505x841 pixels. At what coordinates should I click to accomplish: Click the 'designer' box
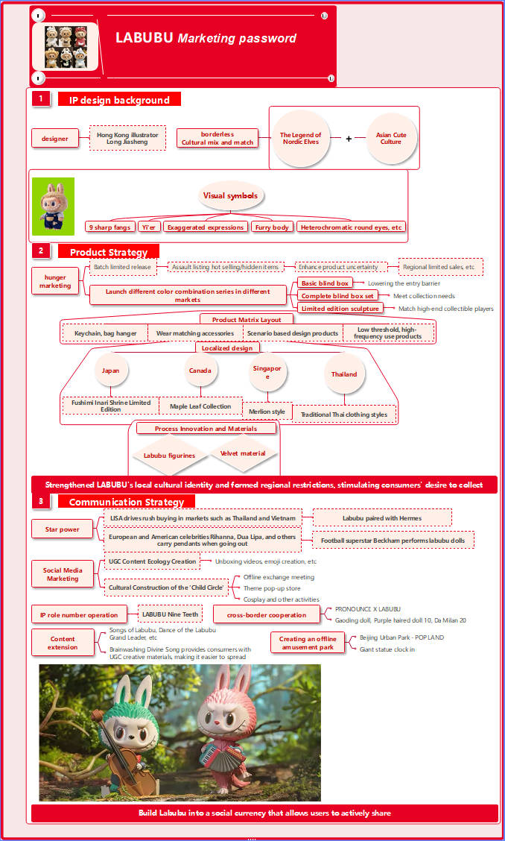click(x=55, y=139)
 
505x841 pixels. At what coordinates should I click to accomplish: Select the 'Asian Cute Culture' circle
click(x=391, y=138)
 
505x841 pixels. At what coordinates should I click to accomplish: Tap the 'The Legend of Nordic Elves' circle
click(x=300, y=138)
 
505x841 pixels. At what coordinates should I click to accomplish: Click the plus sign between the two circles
click(x=348, y=139)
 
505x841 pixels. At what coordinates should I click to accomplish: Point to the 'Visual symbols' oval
click(x=231, y=196)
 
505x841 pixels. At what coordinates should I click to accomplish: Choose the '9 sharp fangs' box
click(x=109, y=227)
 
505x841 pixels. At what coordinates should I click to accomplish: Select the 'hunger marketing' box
click(x=55, y=281)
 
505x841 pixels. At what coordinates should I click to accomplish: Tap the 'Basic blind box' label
click(x=325, y=283)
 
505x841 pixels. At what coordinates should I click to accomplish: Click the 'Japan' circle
click(x=111, y=371)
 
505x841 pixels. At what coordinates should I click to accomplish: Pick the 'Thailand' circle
click(x=344, y=374)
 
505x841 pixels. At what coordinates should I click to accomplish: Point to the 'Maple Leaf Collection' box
click(x=201, y=406)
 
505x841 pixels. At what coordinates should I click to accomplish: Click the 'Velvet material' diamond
click(x=243, y=453)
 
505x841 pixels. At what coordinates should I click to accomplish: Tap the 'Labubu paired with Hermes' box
click(x=382, y=517)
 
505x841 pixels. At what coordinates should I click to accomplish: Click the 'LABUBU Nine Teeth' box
click(x=171, y=614)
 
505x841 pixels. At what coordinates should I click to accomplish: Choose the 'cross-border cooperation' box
click(x=267, y=615)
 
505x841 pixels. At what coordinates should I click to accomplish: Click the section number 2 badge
click(x=41, y=251)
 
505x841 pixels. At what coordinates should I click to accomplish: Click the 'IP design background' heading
click(x=119, y=100)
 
